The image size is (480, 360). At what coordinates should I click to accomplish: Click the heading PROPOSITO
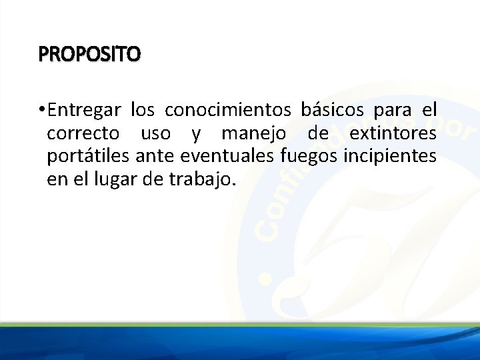pos(89,53)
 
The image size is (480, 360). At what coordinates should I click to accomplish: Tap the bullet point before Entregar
pos(41,109)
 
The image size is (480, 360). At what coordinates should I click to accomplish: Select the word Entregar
pos(85,109)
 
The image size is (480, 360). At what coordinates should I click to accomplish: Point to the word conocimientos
pos(227,109)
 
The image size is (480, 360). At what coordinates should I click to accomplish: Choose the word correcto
pos(83,134)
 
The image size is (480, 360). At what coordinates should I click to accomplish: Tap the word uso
pos(155,134)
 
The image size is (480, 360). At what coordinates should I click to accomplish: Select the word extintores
pos(393,134)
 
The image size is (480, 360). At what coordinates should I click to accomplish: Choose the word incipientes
pos(390,157)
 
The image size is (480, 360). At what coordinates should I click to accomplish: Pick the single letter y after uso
pos(195,135)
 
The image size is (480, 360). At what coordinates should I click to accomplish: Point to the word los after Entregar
pos(142,109)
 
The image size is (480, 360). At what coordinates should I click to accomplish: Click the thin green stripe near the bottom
pos(240,325)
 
